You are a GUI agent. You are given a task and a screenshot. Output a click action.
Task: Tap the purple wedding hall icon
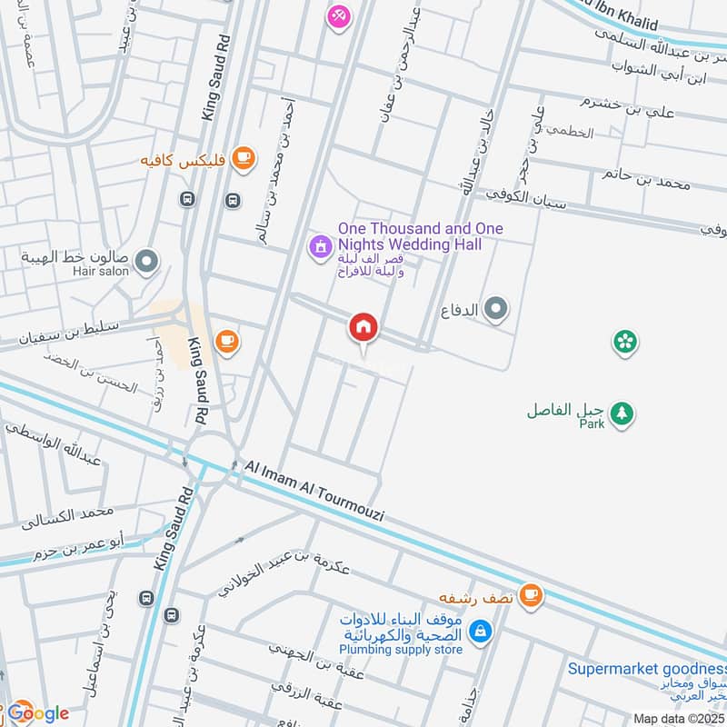tap(319, 245)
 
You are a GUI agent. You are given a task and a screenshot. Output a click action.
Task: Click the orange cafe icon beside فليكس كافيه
tap(243, 159)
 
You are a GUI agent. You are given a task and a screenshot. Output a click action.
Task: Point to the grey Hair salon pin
tap(146, 264)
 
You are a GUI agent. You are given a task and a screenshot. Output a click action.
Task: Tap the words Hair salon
tap(102, 271)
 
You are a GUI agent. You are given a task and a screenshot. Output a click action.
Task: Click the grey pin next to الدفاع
tap(495, 310)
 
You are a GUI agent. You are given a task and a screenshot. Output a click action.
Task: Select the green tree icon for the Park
tap(622, 413)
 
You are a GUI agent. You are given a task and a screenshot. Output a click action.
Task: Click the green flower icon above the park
tap(625, 342)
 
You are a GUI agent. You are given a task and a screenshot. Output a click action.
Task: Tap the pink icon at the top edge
tap(338, 15)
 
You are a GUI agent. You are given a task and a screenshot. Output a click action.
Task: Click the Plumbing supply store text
tap(401, 649)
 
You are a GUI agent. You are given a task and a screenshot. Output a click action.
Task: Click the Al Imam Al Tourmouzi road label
tap(314, 491)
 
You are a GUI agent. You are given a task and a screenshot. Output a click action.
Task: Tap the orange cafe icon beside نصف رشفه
tap(532, 596)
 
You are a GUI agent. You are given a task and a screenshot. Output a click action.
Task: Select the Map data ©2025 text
tap(679, 718)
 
